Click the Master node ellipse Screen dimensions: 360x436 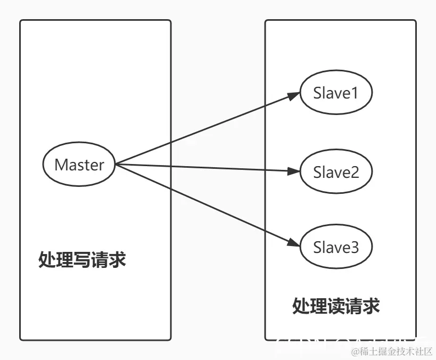79,165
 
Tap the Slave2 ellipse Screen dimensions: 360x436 335,172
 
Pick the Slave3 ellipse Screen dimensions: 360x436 335,247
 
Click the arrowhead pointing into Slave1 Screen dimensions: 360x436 294,96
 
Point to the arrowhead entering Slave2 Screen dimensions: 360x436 294,171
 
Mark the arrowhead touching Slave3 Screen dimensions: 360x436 294,243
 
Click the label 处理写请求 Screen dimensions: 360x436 82,260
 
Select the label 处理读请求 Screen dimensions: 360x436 335,306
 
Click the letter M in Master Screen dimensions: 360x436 61,165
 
